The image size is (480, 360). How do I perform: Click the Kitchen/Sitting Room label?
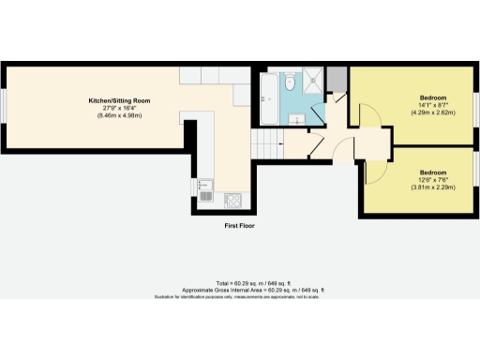click(x=119, y=100)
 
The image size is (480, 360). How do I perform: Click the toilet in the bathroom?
click(x=291, y=78)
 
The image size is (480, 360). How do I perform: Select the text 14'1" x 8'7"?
click(x=432, y=106)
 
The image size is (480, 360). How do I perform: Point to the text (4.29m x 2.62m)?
click(x=432, y=113)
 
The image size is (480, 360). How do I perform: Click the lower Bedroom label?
click(x=432, y=172)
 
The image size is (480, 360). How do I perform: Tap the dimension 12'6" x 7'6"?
click(x=432, y=180)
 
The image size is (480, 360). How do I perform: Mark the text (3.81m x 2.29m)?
click(x=432, y=187)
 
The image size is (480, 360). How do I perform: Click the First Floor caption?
click(x=239, y=226)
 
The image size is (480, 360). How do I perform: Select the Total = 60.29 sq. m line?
click(x=239, y=282)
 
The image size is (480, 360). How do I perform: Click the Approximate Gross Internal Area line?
click(x=239, y=290)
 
